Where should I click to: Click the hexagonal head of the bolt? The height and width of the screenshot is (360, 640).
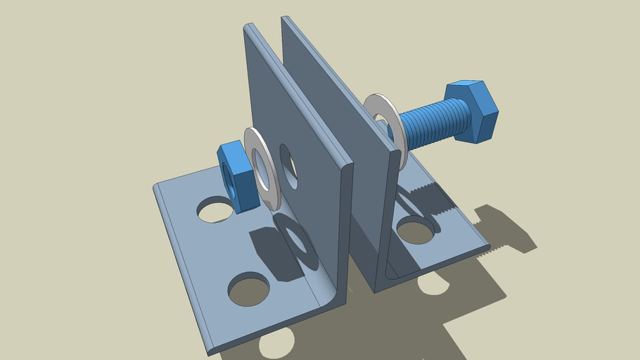click(471, 111)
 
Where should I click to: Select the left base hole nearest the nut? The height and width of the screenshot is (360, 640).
click(214, 209)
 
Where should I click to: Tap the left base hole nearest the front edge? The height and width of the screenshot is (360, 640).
click(248, 289)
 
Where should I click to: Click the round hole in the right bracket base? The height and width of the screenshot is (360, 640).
click(415, 230)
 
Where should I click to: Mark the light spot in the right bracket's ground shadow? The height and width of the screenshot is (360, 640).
click(433, 283)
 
